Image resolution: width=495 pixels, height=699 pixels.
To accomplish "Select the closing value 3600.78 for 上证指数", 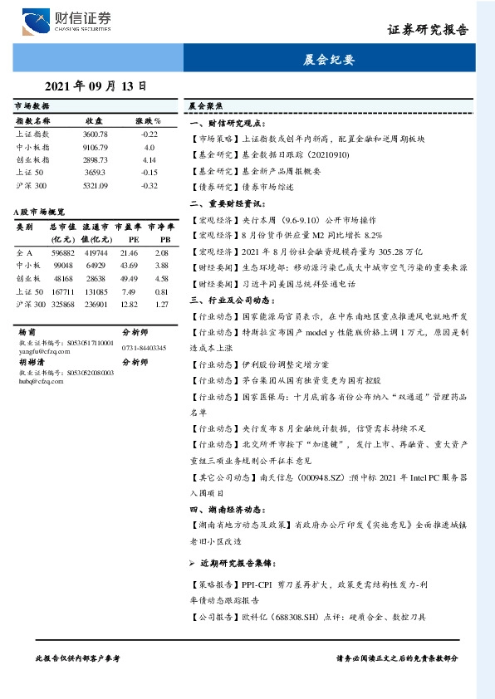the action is coord(95,134).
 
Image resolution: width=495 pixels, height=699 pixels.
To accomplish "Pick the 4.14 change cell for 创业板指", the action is coord(149,159).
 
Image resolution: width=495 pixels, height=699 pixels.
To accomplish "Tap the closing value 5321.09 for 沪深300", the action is coord(95,185).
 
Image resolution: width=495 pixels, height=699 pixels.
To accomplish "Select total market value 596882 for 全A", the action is coord(63,252).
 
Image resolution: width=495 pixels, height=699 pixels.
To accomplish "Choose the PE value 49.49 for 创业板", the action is coord(129,278).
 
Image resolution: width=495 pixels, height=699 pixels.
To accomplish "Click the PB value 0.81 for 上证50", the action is coord(161,291).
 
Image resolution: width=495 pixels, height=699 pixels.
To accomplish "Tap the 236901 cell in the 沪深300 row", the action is coord(96,305).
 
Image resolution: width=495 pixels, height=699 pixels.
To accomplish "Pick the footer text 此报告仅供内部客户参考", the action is coord(78,657).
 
